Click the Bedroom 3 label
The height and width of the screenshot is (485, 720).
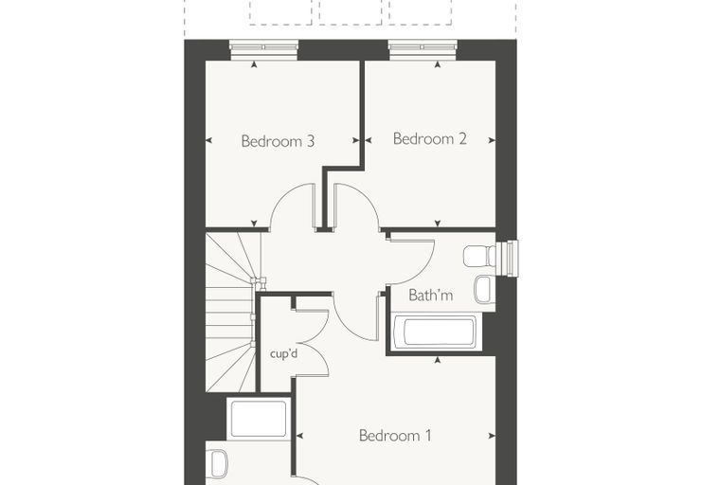[278, 141]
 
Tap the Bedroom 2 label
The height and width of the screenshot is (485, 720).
[430, 138]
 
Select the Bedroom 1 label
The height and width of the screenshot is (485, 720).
[395, 436]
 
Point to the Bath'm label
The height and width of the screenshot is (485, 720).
[431, 295]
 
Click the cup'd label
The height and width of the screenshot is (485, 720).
[284, 354]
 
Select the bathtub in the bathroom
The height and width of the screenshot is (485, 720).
[438, 332]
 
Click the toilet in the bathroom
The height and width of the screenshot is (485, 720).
[479, 256]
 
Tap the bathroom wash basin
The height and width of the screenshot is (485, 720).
[484, 289]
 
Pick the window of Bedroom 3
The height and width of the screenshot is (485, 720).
[263, 49]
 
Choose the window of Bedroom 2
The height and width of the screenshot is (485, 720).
[423, 49]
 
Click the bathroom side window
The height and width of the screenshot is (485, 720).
[509, 258]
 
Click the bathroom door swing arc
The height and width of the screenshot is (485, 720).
[423, 271]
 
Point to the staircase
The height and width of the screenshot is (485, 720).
[229, 313]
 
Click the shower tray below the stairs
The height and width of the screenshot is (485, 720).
[259, 419]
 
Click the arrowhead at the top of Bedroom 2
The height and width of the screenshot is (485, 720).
[438, 64]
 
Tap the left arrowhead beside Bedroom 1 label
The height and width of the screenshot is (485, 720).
[300, 436]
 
